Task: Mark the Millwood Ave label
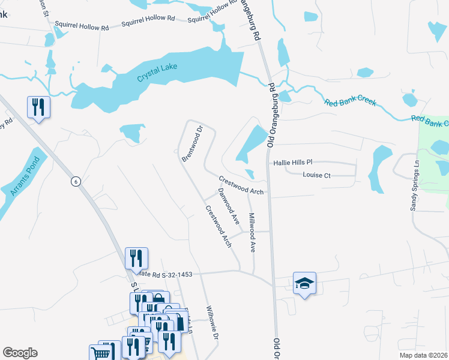point(253,232)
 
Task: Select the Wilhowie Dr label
point(211,322)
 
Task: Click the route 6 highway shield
point(76,182)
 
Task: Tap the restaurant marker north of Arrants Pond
point(38,107)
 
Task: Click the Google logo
point(20,353)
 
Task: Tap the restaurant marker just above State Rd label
point(136,258)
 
